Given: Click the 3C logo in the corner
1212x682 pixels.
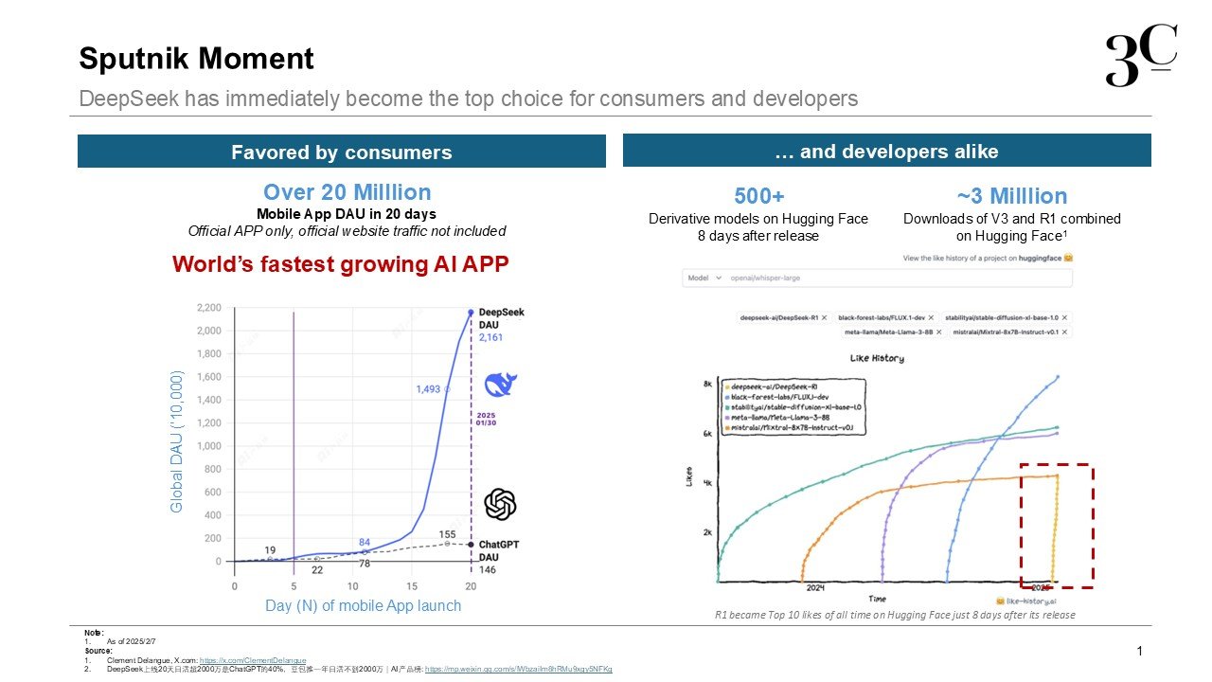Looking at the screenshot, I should click(1141, 58).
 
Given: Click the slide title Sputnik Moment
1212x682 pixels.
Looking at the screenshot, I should click(196, 59).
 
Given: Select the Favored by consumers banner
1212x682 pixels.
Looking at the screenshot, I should click(341, 153).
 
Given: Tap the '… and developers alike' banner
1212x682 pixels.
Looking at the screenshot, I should click(886, 152).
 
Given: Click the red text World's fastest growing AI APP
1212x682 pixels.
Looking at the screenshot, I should click(341, 264).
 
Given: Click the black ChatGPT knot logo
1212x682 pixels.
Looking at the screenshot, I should click(500, 504).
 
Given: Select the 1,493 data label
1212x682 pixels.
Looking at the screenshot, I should click(429, 388).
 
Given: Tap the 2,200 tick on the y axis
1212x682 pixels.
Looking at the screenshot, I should click(207, 308).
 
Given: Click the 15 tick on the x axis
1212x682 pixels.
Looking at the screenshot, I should click(412, 586).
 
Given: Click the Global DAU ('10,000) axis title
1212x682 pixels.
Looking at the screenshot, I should click(177, 442).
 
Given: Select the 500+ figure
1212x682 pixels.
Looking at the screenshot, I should click(758, 196).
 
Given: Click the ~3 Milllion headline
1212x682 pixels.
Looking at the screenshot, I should click(1011, 196).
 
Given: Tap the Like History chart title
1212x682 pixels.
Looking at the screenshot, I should click(878, 358).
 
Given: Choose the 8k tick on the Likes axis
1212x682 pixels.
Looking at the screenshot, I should click(707, 385).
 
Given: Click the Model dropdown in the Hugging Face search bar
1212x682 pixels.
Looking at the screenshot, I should click(705, 278).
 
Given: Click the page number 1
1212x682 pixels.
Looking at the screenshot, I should click(1139, 651).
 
